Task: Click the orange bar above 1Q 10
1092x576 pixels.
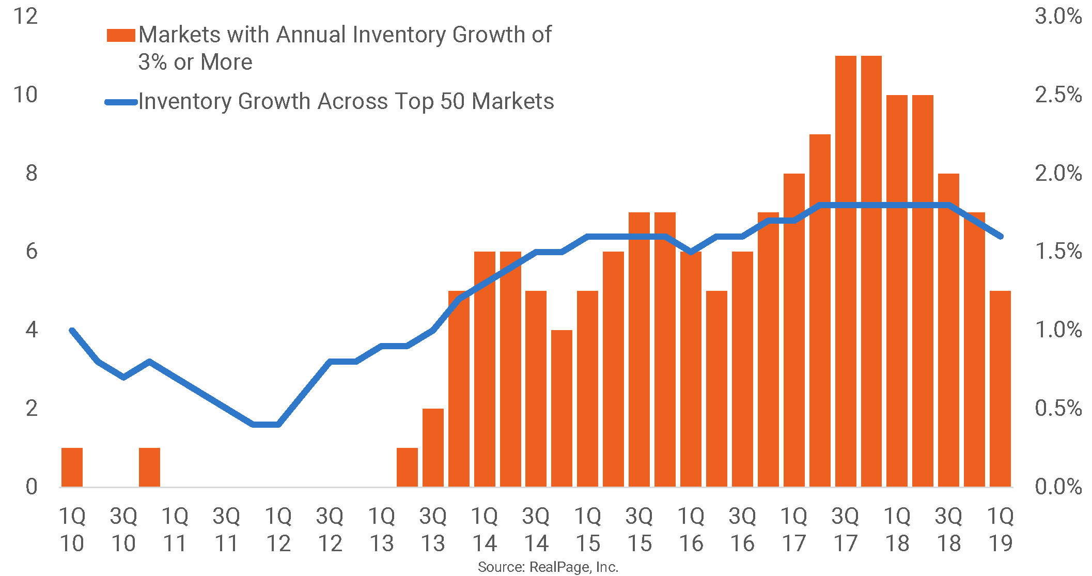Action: [x=72, y=467]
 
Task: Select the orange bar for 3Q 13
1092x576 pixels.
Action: [x=433, y=447]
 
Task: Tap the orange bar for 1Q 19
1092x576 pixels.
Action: [x=1000, y=388]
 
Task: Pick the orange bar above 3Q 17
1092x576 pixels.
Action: [x=846, y=271]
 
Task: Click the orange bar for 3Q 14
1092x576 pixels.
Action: [x=536, y=388]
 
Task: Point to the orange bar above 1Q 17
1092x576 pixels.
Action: [x=794, y=330]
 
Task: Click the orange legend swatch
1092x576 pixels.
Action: [x=121, y=35]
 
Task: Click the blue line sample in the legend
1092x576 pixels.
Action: [x=121, y=102]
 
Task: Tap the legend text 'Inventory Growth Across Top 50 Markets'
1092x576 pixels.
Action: [x=346, y=101]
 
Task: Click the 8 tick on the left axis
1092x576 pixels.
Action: [x=32, y=173]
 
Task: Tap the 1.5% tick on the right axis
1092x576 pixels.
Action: [x=1058, y=252]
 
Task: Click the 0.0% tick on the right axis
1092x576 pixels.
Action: [x=1058, y=487]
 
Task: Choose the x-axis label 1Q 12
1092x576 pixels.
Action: [x=278, y=530]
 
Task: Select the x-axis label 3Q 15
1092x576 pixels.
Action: [x=639, y=530]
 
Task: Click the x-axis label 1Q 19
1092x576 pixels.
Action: [x=1000, y=530]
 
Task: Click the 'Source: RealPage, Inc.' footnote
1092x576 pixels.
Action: [x=548, y=567]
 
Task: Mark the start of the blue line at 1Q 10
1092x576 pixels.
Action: [x=72, y=330]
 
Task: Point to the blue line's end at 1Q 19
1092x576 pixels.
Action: [x=1001, y=237]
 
